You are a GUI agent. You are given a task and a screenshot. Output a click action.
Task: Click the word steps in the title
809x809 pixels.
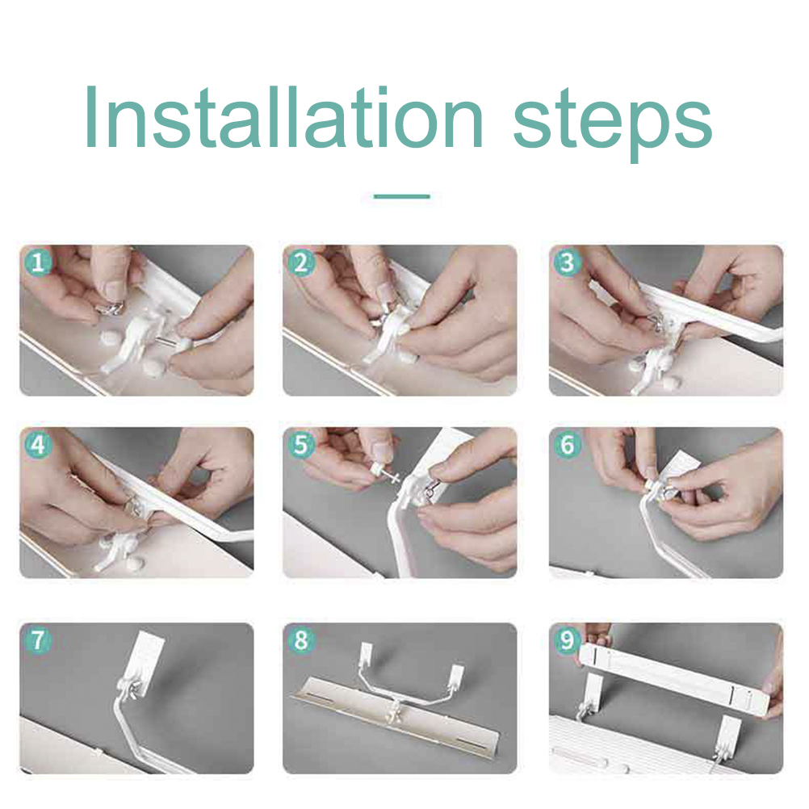(613, 124)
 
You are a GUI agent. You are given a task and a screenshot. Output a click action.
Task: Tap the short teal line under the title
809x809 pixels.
(402, 196)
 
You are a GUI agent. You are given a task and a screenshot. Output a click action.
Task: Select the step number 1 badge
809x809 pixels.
(38, 262)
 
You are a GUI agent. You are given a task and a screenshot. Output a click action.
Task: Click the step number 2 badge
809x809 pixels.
(301, 262)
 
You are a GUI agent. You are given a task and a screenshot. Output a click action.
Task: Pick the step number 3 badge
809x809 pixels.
(567, 262)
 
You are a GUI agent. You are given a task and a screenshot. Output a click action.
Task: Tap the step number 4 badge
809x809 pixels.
(38, 445)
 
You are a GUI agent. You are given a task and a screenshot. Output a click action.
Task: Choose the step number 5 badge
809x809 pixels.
(301, 445)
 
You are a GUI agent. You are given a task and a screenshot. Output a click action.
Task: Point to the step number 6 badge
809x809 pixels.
(567, 445)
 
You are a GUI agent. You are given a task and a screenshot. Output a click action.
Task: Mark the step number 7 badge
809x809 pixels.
(38, 640)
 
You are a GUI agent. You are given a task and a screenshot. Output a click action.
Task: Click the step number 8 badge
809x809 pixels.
(301, 640)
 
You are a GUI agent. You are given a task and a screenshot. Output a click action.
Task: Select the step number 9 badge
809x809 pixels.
(567, 640)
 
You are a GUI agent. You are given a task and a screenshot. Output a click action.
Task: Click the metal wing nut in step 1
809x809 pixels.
(111, 308)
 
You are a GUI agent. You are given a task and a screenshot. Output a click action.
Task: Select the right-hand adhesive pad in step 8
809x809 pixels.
(457, 677)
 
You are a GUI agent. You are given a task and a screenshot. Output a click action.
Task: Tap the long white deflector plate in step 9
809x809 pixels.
(673, 677)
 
